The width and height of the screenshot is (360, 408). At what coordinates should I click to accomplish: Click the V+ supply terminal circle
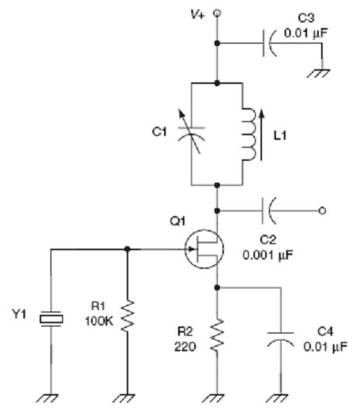point(217,12)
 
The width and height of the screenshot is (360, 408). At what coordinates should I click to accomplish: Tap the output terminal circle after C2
point(322,211)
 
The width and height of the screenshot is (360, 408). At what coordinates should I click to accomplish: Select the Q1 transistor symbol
point(204,249)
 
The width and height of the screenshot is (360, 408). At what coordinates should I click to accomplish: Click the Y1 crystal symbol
point(51,319)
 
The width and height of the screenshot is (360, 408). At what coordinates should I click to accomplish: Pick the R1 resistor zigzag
point(128,316)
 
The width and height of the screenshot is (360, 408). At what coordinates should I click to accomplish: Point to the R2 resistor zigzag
point(217,335)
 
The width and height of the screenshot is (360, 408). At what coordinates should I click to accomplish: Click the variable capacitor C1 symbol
point(191,131)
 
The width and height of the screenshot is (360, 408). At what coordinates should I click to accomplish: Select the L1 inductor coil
point(249,134)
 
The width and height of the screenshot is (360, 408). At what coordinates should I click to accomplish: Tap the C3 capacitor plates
point(270,43)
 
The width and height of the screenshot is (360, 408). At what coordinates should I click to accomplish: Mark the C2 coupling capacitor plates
point(269,211)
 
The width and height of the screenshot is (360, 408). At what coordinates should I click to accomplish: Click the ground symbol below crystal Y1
point(47,399)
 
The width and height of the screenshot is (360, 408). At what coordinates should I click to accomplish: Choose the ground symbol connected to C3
point(319,73)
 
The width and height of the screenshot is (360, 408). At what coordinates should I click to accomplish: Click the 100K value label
point(99,321)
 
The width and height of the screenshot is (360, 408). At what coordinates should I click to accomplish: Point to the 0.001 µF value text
point(267,255)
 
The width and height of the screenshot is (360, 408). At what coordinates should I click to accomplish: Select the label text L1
point(280,135)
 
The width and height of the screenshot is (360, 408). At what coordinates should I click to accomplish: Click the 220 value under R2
point(185,347)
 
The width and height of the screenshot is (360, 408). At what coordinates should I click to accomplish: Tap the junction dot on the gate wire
point(128,249)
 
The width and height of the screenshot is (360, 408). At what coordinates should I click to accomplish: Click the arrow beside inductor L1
point(261,135)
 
